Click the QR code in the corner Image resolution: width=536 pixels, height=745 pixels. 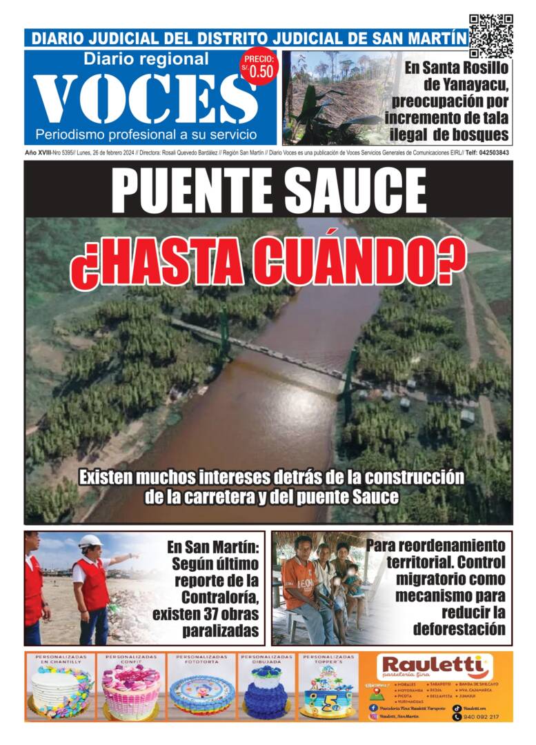coord(490,35)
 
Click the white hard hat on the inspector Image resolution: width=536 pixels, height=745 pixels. coord(90,542)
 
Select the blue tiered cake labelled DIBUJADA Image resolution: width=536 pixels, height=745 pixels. coord(266,692)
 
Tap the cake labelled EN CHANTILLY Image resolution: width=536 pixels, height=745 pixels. coord(61,692)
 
